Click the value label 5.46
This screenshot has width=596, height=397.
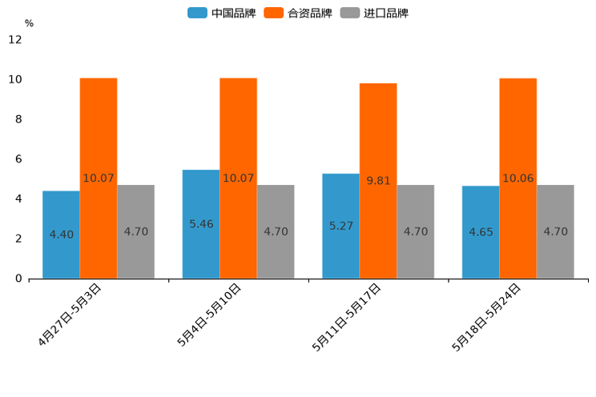pos(201,224)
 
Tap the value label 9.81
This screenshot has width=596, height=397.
pos(378,181)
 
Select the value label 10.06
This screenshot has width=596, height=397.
pos(518,178)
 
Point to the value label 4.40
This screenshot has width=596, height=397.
pos(61,235)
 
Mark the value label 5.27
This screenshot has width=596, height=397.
pos(341,227)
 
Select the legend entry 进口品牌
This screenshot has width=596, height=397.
pos(374,13)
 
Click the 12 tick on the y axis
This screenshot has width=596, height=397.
pos(15,39)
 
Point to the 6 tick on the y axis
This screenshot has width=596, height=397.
pos(18,159)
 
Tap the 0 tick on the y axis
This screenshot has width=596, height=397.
pos(18,279)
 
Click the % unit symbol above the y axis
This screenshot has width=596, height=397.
pos(29,23)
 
